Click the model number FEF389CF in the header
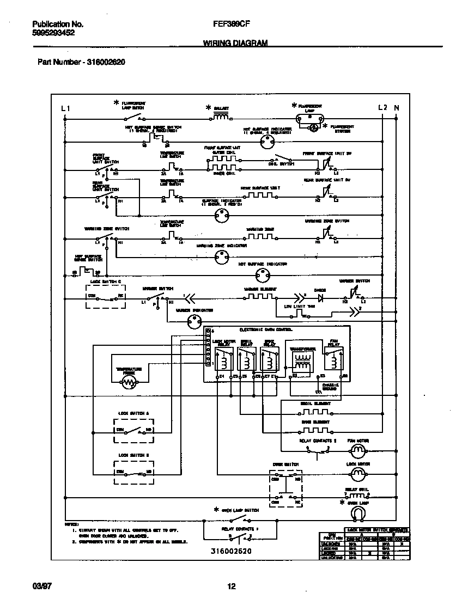[x=228, y=24]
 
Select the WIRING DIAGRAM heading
[x=235, y=42]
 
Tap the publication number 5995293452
[x=53, y=32]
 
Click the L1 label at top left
[x=66, y=108]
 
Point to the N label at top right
[x=396, y=108]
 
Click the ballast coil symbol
[x=220, y=117]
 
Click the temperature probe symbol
[x=129, y=383]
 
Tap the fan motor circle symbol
[x=357, y=450]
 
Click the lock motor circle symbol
[x=357, y=475]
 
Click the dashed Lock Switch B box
[x=133, y=472]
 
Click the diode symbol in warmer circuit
[x=320, y=298]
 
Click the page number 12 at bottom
[x=231, y=586]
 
